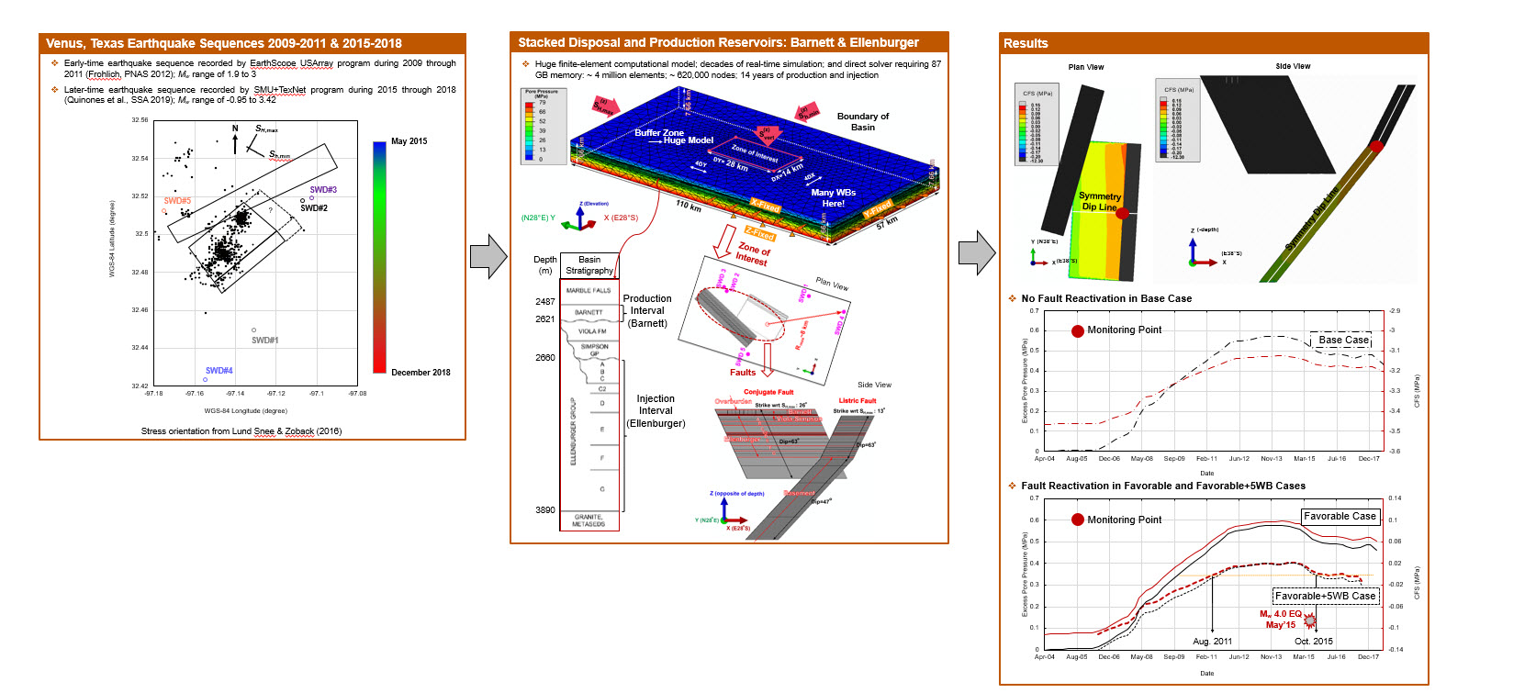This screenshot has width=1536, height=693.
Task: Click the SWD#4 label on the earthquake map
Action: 219,371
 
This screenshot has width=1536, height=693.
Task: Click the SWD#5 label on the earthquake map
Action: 177,200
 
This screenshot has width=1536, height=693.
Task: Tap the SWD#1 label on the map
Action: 264,341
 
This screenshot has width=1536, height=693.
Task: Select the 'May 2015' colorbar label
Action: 409,141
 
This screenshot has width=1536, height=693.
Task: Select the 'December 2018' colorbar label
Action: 420,373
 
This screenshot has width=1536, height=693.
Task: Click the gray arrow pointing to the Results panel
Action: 977,252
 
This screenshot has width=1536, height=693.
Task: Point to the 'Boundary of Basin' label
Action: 862,122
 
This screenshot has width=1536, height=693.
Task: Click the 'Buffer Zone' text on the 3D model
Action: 659,133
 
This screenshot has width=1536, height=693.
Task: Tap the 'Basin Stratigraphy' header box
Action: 589,265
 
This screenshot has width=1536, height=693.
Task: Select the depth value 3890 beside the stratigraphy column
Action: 545,510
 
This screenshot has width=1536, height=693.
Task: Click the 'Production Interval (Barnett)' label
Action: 647,311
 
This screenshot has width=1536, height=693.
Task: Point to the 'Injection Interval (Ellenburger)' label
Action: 656,411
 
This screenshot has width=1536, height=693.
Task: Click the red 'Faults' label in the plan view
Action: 743,373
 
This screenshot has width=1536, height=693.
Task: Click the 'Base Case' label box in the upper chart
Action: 1343,341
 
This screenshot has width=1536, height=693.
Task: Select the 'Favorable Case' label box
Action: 1340,517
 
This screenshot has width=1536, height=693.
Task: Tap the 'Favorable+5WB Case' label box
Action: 1325,596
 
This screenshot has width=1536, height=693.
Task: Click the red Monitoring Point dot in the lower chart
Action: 1078,520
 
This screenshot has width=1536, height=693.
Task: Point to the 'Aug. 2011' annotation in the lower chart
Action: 1212,642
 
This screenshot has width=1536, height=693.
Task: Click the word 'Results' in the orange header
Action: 1026,43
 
